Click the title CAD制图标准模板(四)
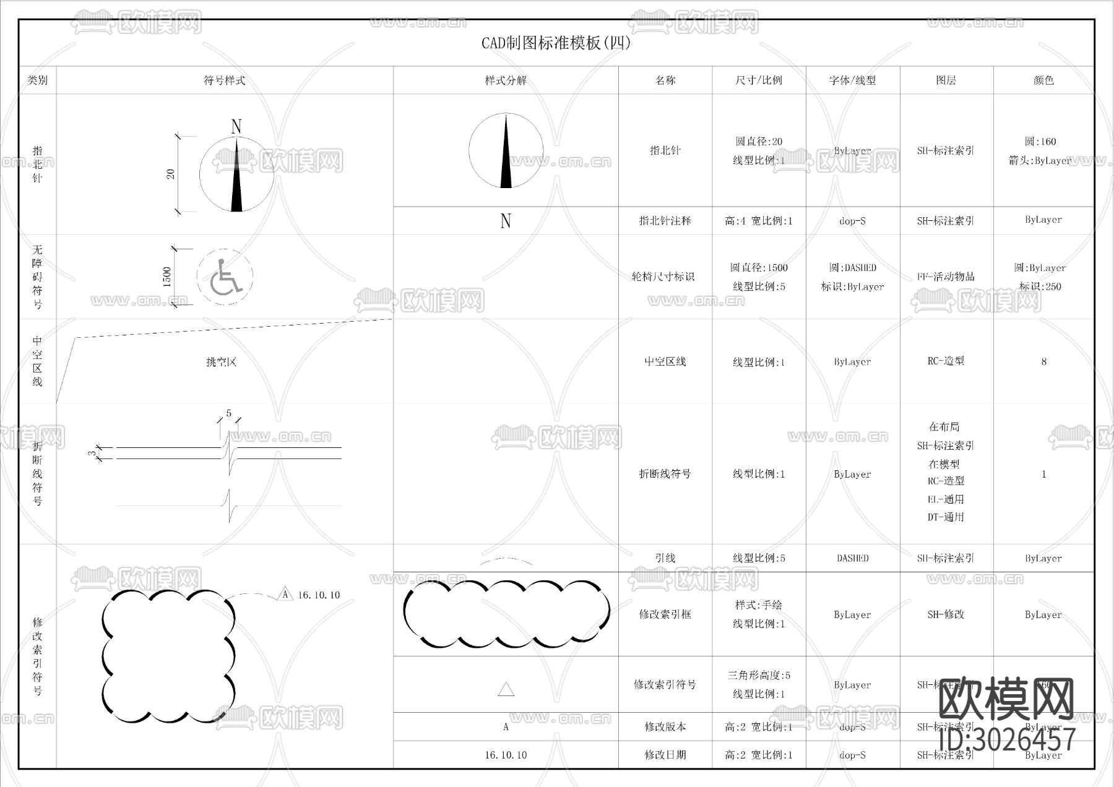click(x=556, y=43)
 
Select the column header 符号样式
click(x=224, y=80)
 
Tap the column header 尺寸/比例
click(x=758, y=80)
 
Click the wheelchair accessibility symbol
click(x=225, y=277)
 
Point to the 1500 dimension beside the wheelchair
click(x=166, y=277)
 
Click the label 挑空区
click(x=222, y=362)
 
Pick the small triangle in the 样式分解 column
click(x=506, y=689)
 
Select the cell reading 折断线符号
click(x=665, y=474)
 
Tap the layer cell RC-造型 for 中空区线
click(x=945, y=361)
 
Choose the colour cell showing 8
click(x=1043, y=362)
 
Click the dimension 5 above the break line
click(x=228, y=413)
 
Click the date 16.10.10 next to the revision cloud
click(x=319, y=595)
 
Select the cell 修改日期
click(x=665, y=755)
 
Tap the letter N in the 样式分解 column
click(x=506, y=221)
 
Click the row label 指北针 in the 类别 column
click(x=37, y=164)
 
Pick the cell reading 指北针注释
click(x=665, y=221)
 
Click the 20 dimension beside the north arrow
click(x=171, y=174)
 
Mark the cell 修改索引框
click(x=665, y=614)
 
